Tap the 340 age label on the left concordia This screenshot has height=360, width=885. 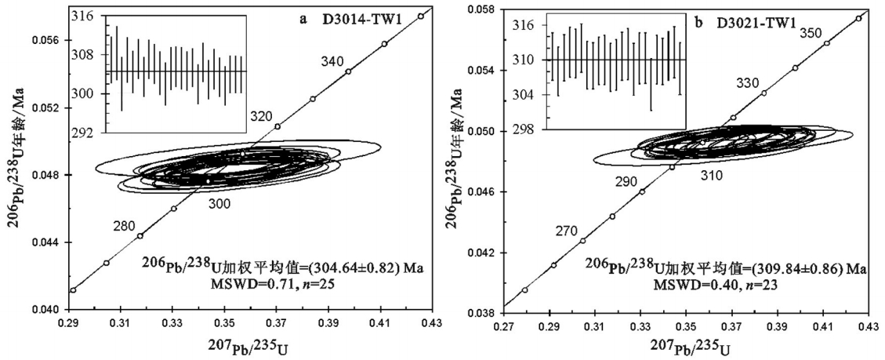[333, 61]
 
